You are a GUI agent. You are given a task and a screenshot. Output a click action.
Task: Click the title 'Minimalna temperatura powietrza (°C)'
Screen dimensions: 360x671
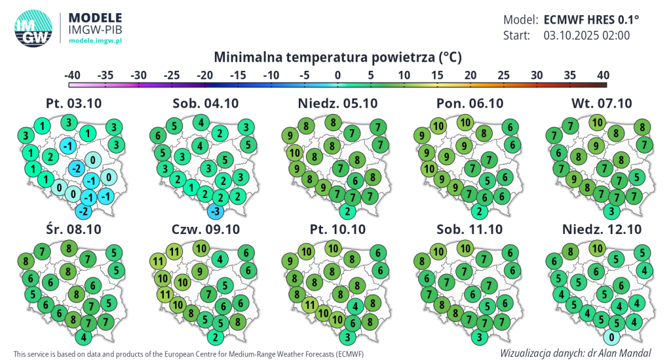click(337, 57)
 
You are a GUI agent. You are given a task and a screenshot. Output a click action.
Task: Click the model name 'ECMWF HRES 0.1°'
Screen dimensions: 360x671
click(591, 20)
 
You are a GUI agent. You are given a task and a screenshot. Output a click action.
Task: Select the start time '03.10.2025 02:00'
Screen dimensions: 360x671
click(586, 35)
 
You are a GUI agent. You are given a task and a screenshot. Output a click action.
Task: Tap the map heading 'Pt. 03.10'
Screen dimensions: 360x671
click(73, 104)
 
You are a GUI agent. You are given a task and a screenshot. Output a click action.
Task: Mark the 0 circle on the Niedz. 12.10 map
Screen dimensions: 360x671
click(611, 337)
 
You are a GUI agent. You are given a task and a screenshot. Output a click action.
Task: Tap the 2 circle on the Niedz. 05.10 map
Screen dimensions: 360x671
click(348, 211)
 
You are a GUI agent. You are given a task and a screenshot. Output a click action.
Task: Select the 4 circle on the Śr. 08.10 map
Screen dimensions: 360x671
click(83, 337)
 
